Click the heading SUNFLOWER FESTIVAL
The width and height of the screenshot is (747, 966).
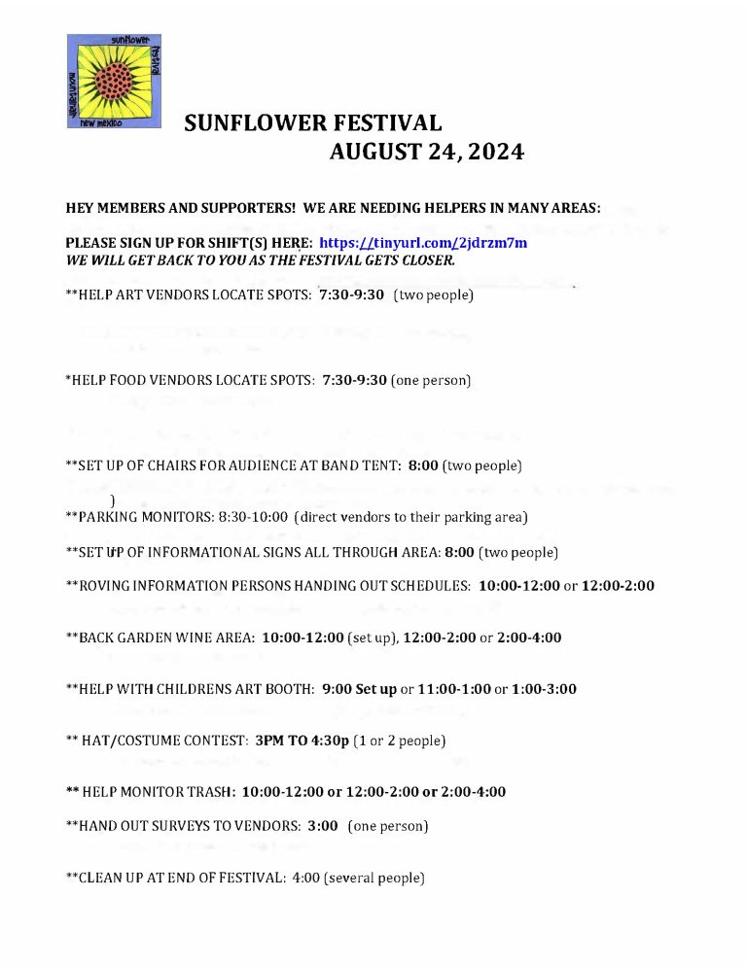(313, 123)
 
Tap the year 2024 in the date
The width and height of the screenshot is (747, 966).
(483, 152)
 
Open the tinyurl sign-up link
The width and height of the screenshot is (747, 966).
(423, 243)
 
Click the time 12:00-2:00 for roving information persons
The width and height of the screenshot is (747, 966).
(618, 585)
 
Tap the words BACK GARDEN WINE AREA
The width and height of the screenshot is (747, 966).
(165, 638)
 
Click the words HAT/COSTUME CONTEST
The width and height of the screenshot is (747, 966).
(164, 741)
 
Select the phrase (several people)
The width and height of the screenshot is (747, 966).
(375, 878)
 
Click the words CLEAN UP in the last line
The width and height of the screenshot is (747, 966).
(113, 878)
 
